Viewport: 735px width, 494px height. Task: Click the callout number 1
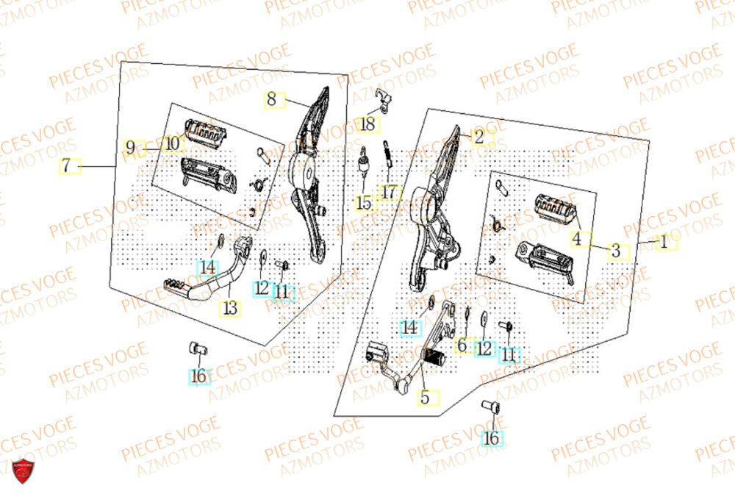[664, 241]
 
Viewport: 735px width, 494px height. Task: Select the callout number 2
[479, 137]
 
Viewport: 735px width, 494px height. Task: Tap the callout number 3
[616, 251]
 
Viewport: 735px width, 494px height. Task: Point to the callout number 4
[578, 239]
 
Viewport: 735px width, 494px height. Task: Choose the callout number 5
[424, 398]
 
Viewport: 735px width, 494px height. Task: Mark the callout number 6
[462, 345]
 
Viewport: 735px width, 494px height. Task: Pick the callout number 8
[271, 100]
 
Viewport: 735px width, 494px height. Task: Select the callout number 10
[171, 145]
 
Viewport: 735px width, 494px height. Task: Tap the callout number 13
[230, 309]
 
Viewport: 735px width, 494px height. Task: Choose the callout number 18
[367, 126]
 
